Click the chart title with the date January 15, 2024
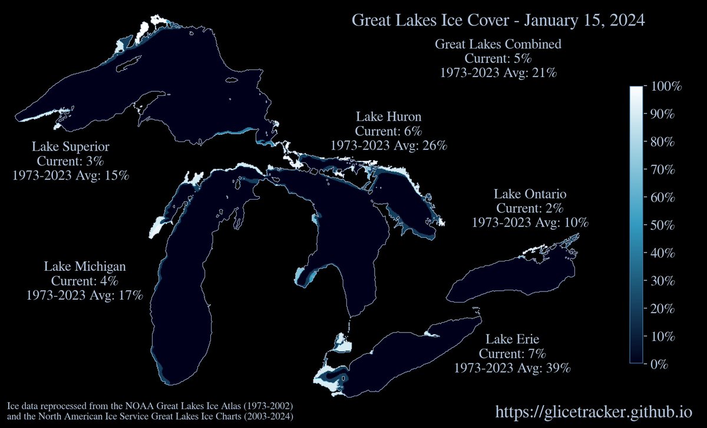point(498,20)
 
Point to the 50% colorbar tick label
point(664,226)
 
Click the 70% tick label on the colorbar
point(664,170)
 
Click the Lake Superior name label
point(71,146)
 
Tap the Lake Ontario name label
point(530,194)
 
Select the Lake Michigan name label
point(85,266)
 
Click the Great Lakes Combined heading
point(498,44)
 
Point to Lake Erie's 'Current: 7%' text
point(513,354)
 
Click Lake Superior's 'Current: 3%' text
point(71,161)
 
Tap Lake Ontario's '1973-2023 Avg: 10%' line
point(530,223)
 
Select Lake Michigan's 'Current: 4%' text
point(85,281)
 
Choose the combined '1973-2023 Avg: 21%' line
point(498,73)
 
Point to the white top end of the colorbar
point(636,90)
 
